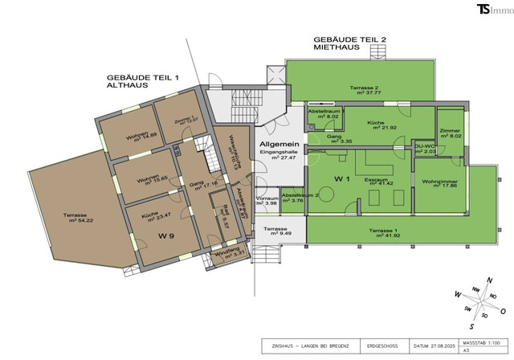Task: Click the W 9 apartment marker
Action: (166, 236)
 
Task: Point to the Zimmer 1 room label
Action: (178, 121)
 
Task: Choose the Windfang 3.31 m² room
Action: (229, 256)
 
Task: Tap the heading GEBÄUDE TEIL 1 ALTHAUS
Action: (145, 83)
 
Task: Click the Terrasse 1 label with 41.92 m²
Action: (385, 233)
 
